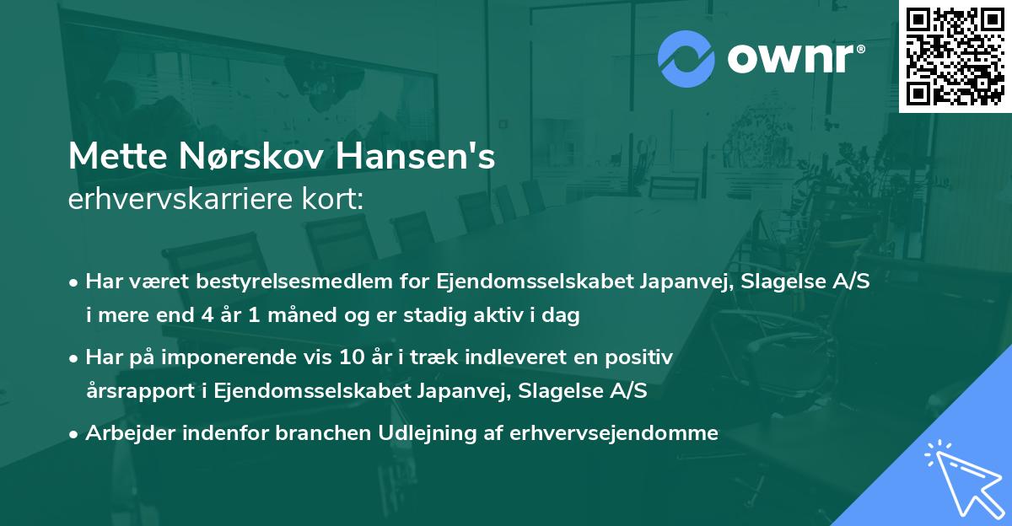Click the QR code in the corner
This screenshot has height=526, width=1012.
tap(955, 56)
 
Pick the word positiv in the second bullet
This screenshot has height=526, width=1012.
tap(644, 357)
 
